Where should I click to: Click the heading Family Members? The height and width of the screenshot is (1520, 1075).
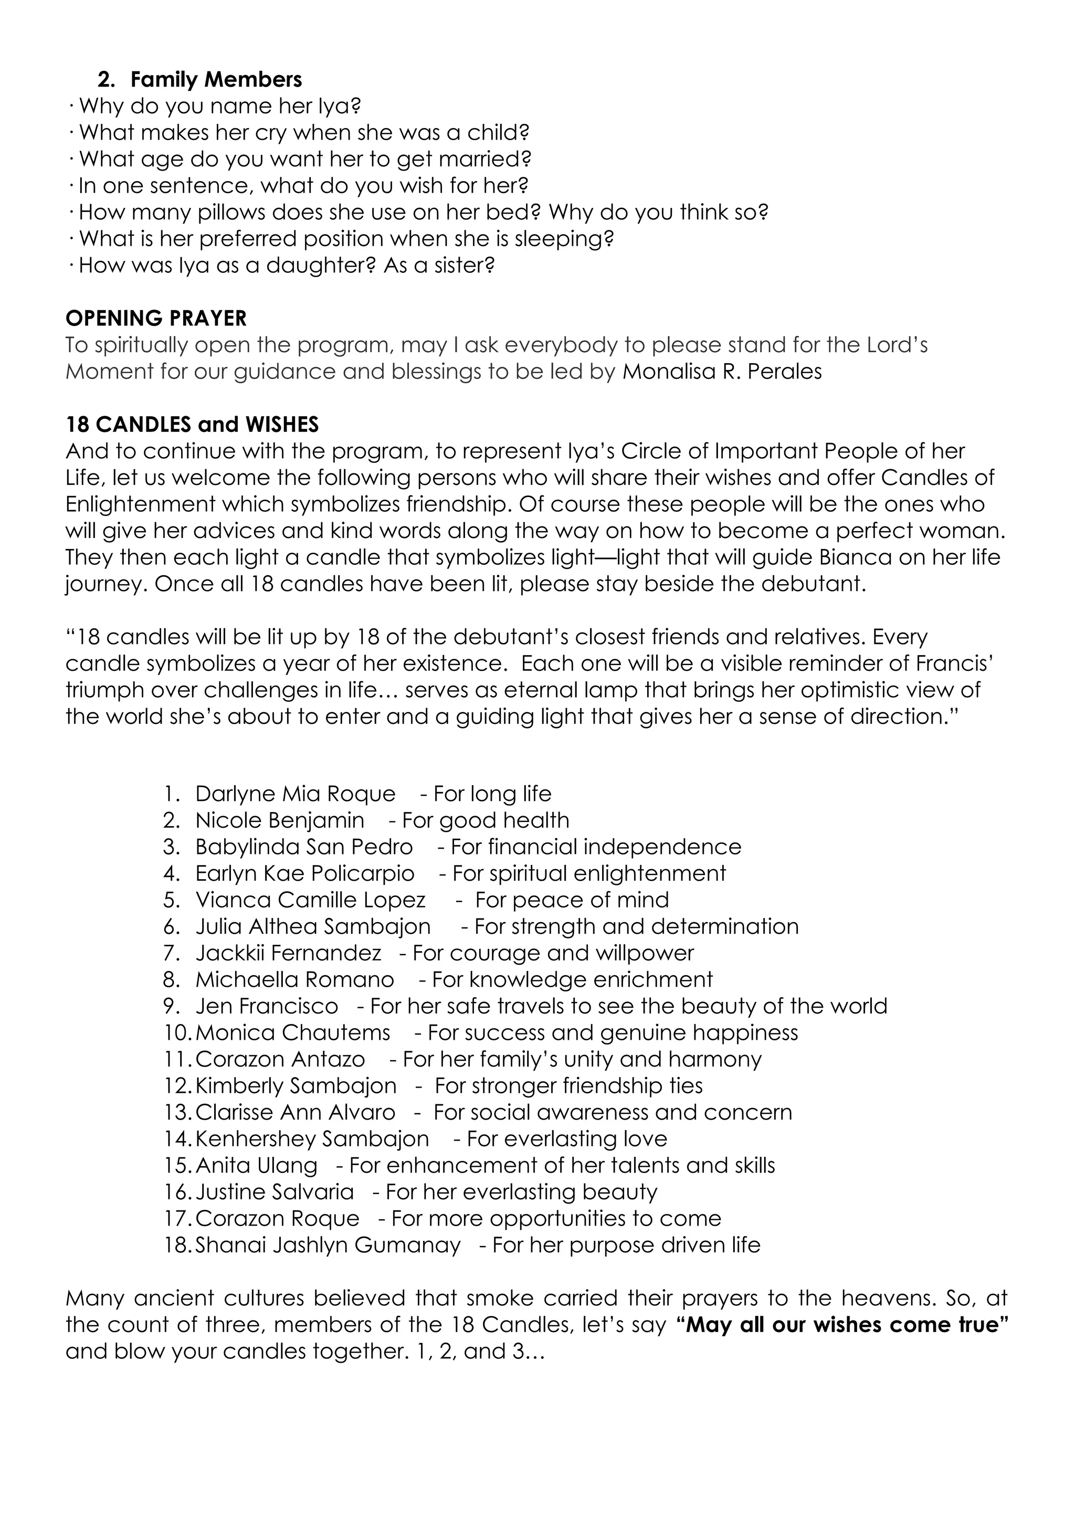(x=216, y=79)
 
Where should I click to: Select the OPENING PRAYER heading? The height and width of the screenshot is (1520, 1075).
(x=156, y=319)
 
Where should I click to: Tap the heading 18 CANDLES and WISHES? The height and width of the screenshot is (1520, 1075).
(x=192, y=425)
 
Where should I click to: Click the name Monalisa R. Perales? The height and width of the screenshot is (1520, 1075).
(x=722, y=372)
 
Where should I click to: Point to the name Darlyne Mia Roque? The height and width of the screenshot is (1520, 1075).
(x=295, y=794)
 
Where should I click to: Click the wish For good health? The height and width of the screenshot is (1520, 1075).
(x=485, y=820)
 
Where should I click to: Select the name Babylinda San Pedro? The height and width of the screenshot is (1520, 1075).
(x=304, y=847)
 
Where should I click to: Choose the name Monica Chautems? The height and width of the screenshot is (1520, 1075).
(x=292, y=1033)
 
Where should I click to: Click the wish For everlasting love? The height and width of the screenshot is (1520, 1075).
(x=566, y=1138)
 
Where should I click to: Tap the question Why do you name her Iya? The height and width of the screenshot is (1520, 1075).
(x=220, y=106)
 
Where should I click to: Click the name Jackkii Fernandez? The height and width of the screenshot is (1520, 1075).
(x=289, y=953)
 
